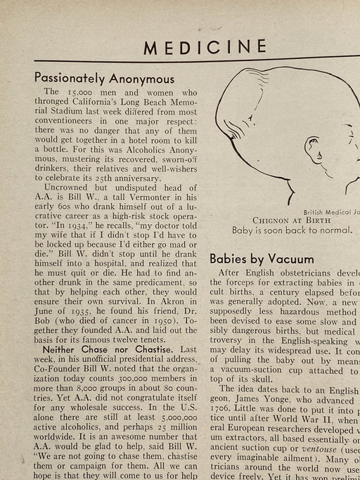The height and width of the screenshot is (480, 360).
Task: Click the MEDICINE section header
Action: coord(205,48)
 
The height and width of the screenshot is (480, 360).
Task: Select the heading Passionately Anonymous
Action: coord(104,78)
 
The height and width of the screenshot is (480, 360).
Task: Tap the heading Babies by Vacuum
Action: coord(262,258)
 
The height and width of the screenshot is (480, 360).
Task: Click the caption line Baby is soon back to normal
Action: coord(293,230)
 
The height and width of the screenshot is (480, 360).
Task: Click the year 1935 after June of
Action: coord(86,307)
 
